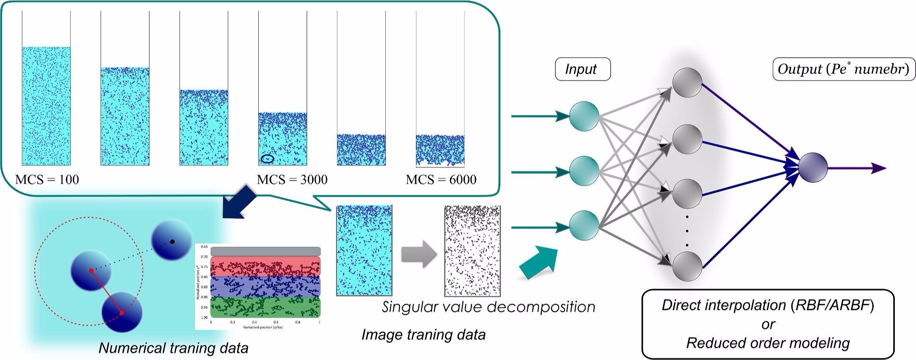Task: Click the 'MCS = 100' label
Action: pos(47,180)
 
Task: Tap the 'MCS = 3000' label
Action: pos(292,180)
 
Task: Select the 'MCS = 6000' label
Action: pos(441,180)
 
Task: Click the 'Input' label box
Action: pos(582,69)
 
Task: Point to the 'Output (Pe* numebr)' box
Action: pos(844,69)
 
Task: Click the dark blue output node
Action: pos(813,168)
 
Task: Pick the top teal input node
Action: pos(584,116)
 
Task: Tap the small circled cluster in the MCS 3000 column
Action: pos(267,158)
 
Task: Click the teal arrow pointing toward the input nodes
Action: pos(538,262)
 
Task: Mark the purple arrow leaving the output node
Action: pos(857,168)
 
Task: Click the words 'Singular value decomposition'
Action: pos(488,307)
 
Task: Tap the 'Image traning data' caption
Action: pos(423,334)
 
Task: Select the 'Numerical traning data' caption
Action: pos(173,348)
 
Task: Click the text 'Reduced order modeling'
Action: pos(768,343)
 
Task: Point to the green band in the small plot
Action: pos(265,307)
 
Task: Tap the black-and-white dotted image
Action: pos(472,251)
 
